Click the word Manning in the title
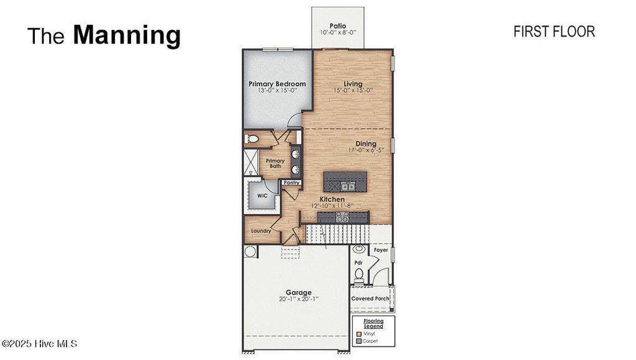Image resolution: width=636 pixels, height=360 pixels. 127,35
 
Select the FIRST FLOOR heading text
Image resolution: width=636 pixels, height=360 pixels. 554,32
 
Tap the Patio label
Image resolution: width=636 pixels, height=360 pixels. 338,25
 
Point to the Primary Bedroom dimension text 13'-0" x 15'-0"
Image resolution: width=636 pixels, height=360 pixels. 277,91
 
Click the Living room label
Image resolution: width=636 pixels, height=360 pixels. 353,84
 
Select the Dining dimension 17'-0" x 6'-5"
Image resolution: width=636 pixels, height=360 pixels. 366,150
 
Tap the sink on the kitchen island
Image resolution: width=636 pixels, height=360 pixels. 346,185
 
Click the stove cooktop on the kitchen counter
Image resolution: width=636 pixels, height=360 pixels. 342,217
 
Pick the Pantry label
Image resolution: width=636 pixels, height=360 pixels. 292,182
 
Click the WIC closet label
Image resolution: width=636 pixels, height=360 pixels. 262,195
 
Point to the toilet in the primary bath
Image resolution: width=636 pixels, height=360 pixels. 252,138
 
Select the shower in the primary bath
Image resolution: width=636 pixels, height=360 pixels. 252,162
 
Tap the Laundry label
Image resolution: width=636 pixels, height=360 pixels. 260,232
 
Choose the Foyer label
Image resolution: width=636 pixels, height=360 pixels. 380,250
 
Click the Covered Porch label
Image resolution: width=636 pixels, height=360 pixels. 370,299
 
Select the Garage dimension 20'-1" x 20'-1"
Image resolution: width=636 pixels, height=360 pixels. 298,299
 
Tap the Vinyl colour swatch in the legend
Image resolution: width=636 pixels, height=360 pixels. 359,334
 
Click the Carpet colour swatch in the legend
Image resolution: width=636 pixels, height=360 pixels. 359,341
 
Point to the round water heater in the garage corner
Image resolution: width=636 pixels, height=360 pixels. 250,251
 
